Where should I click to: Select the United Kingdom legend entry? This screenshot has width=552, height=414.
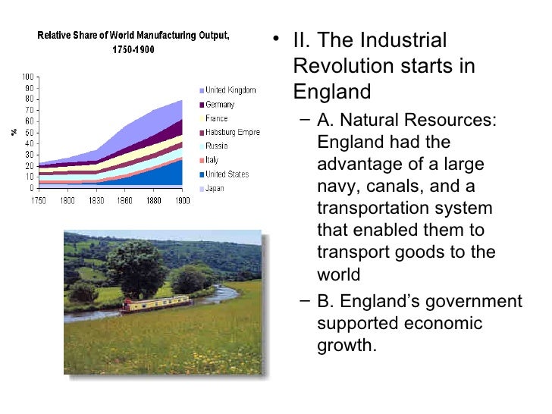click(231, 90)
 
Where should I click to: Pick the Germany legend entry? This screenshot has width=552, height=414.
click(220, 105)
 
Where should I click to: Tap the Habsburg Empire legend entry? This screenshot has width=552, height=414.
click(233, 133)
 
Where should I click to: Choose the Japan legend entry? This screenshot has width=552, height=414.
click(215, 188)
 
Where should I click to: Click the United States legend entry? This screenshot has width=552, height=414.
click(227, 174)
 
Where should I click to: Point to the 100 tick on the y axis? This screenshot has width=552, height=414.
click(28, 77)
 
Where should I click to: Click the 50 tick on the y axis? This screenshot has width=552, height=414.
click(30, 132)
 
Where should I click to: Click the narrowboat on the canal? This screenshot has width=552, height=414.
click(155, 304)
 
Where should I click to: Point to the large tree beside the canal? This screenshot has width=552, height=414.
click(136, 265)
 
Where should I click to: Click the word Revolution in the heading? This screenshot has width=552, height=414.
click(340, 66)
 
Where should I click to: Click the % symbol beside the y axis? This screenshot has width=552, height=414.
click(13, 132)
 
